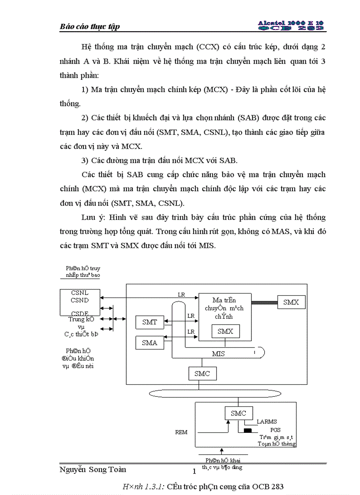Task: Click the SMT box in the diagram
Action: coord(149,322)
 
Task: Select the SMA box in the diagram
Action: coord(149,342)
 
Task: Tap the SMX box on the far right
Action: coord(291,302)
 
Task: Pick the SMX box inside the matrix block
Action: coord(225,331)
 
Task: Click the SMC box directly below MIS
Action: coord(202,374)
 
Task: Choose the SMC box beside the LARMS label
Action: coord(239,413)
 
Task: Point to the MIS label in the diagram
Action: coord(218,354)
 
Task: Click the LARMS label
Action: coord(267,422)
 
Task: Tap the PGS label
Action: coord(276,430)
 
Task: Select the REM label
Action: coord(181,432)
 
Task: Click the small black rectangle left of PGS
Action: coord(247,430)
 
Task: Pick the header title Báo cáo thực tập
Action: coord(90,27)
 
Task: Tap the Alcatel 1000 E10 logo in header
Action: coord(291,25)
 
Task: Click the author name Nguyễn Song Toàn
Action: coord(93,469)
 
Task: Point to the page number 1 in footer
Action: coord(194,472)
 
